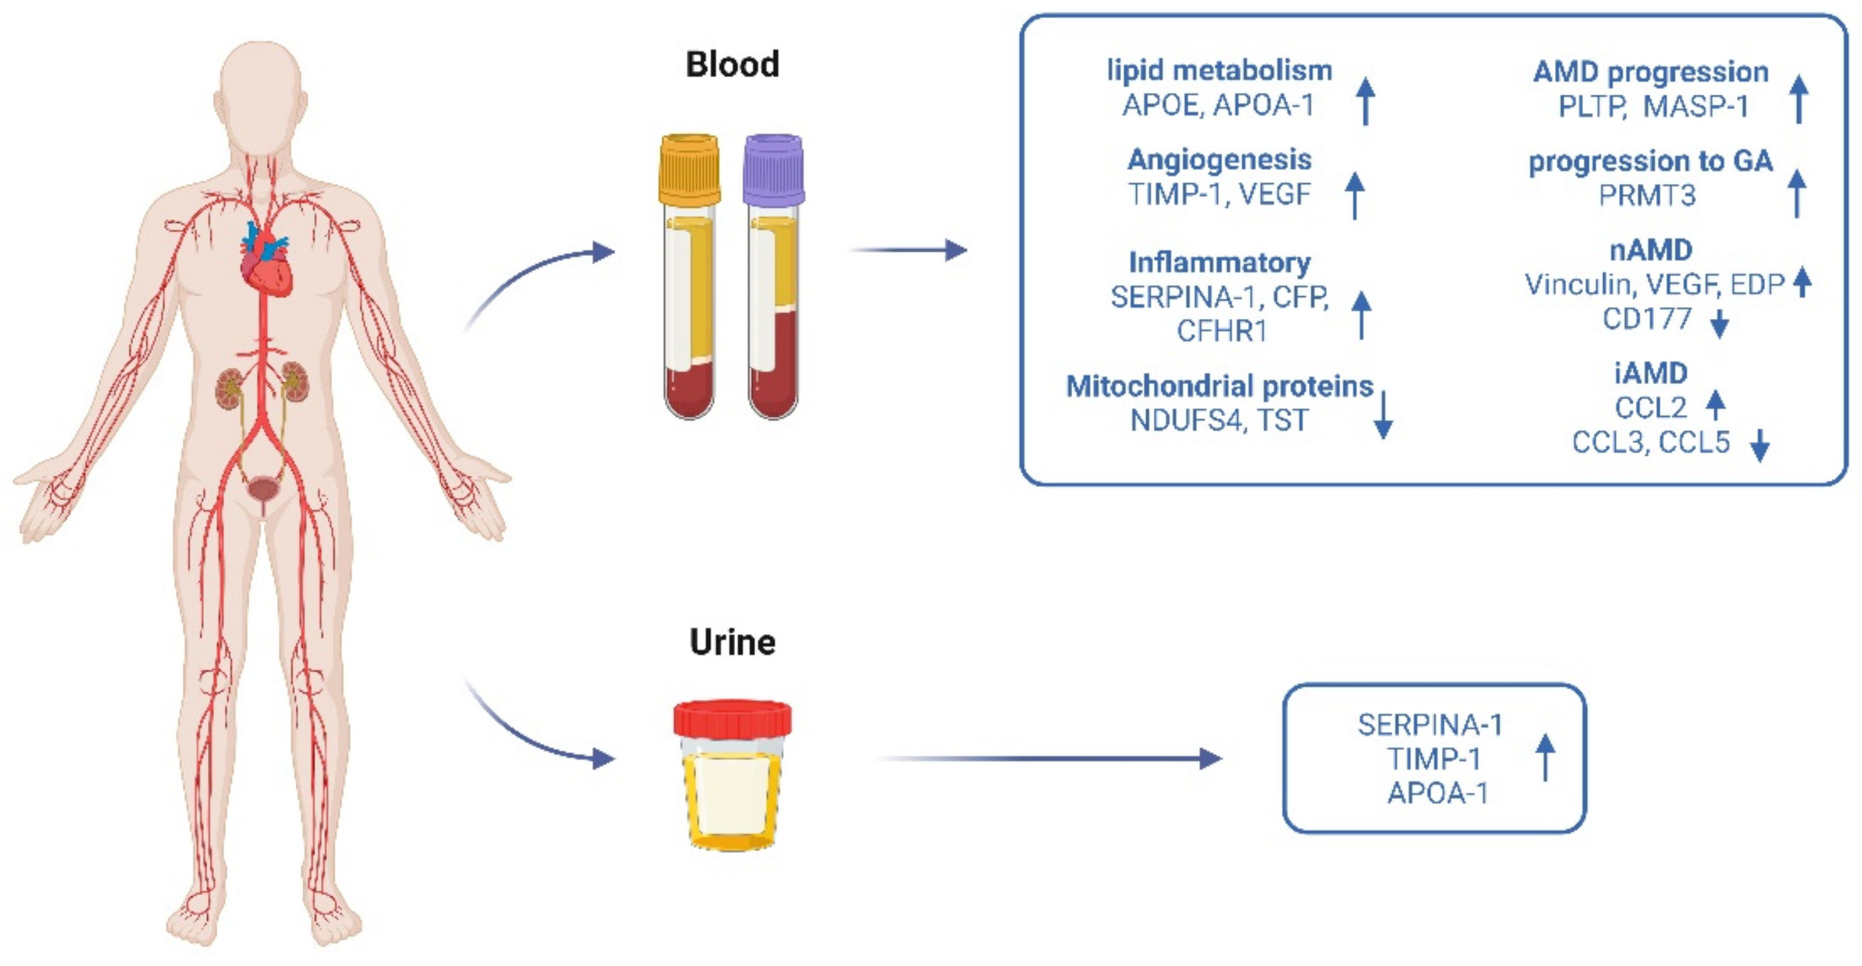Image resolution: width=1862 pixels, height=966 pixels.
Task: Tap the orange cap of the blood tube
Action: pos(689,169)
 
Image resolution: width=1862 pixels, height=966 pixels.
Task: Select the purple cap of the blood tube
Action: pos(773,169)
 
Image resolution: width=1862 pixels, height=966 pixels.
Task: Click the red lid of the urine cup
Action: pos(732,718)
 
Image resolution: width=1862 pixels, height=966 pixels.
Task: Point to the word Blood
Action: pos(732,64)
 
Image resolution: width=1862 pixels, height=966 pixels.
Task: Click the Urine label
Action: pos(732,642)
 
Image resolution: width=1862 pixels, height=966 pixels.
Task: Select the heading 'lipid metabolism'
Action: pos(1219,71)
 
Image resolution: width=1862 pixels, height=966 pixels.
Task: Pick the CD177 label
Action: pos(1647,318)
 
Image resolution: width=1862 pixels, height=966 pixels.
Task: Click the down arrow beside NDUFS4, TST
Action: pos(1382,415)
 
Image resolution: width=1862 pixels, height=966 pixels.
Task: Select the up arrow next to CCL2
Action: pos(1716,405)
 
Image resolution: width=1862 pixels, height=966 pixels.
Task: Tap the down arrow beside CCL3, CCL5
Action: pos(1760,446)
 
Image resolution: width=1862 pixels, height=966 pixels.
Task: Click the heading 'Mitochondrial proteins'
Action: pos(1219,386)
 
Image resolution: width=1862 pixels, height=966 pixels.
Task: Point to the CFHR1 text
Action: pos(1221,330)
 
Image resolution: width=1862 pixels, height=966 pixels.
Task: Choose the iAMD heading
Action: pos(1651,373)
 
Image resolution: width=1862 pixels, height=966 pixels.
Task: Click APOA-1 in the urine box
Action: pos(1438,793)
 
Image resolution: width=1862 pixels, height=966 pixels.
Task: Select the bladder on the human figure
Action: pos(263,490)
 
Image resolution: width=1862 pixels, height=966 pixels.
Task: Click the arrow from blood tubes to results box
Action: pos(908,250)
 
